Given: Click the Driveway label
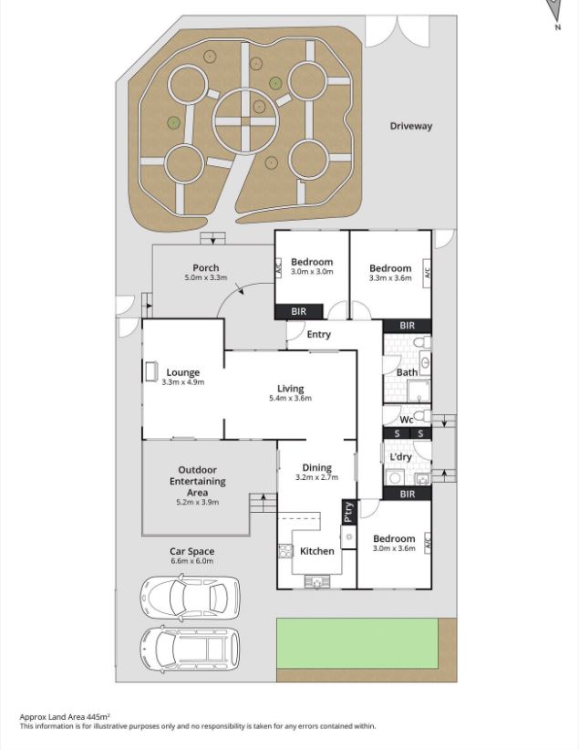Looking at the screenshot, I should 410,126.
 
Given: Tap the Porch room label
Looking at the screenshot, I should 205,268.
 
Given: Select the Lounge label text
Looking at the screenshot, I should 182,372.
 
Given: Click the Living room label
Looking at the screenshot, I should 291,389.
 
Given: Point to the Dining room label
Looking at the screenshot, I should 316,468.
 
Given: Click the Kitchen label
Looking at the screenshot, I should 316,551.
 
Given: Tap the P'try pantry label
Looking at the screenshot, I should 347,513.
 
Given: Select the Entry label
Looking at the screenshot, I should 318,335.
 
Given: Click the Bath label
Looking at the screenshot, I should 407,372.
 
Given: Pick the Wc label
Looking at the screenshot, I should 407,420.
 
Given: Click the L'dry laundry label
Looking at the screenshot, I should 401,456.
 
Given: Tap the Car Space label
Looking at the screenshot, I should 191,551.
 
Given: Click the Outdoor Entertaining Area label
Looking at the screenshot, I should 197,481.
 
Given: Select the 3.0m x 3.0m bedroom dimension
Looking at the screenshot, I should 312,272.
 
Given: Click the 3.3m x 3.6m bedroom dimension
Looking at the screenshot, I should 390,278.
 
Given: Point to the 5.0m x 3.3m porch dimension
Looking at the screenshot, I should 205,277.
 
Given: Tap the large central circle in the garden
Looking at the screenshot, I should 244,119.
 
